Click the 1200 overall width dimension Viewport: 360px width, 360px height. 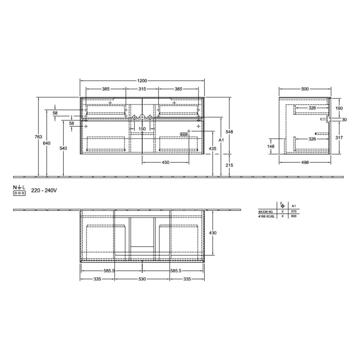pyautogui.click(x=142, y=81)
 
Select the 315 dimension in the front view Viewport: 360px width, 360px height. pyautogui.click(x=142, y=89)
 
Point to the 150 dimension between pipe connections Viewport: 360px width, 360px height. pyautogui.click(x=142, y=129)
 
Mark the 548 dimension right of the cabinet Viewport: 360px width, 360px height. pyautogui.click(x=230, y=132)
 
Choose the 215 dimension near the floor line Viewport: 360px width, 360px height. pyautogui.click(x=230, y=165)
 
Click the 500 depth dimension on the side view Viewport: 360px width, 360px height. pyautogui.click(x=305, y=89)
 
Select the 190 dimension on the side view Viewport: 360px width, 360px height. pyautogui.click(x=338, y=109)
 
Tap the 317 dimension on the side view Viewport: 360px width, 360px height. pyautogui.click(x=338, y=137)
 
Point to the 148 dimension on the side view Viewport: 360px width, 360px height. pyautogui.click(x=272, y=146)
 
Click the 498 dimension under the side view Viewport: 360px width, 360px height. pyautogui.click(x=305, y=163)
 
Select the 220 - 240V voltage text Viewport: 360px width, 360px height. pyautogui.click(x=44, y=190)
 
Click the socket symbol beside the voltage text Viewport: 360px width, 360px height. pyautogui.click(x=20, y=194)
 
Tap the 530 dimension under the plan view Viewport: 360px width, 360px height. pyautogui.click(x=142, y=279)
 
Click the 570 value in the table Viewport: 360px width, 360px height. pyautogui.click(x=294, y=211)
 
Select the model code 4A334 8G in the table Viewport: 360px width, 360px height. pyautogui.click(x=265, y=211)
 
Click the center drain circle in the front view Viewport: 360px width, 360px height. pyautogui.click(x=142, y=118)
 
